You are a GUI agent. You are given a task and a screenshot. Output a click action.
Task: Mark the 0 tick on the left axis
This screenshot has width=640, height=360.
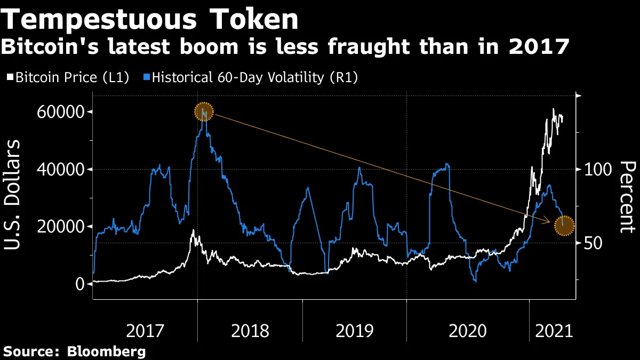(x=79, y=284)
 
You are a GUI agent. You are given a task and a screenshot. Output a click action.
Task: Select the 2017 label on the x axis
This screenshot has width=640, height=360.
(x=145, y=331)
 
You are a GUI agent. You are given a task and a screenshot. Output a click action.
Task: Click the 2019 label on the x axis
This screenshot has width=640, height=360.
(x=354, y=331)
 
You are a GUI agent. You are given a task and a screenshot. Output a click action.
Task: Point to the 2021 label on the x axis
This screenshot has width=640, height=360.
(x=554, y=331)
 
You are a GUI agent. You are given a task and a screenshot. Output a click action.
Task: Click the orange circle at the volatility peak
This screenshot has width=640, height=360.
(x=204, y=112)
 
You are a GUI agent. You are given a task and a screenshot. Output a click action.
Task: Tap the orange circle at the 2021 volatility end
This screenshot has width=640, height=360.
(x=564, y=225)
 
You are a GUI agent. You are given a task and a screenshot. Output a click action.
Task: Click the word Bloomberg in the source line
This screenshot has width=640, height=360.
(x=106, y=351)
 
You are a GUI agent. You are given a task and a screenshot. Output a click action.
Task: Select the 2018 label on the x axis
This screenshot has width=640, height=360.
(x=250, y=331)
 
